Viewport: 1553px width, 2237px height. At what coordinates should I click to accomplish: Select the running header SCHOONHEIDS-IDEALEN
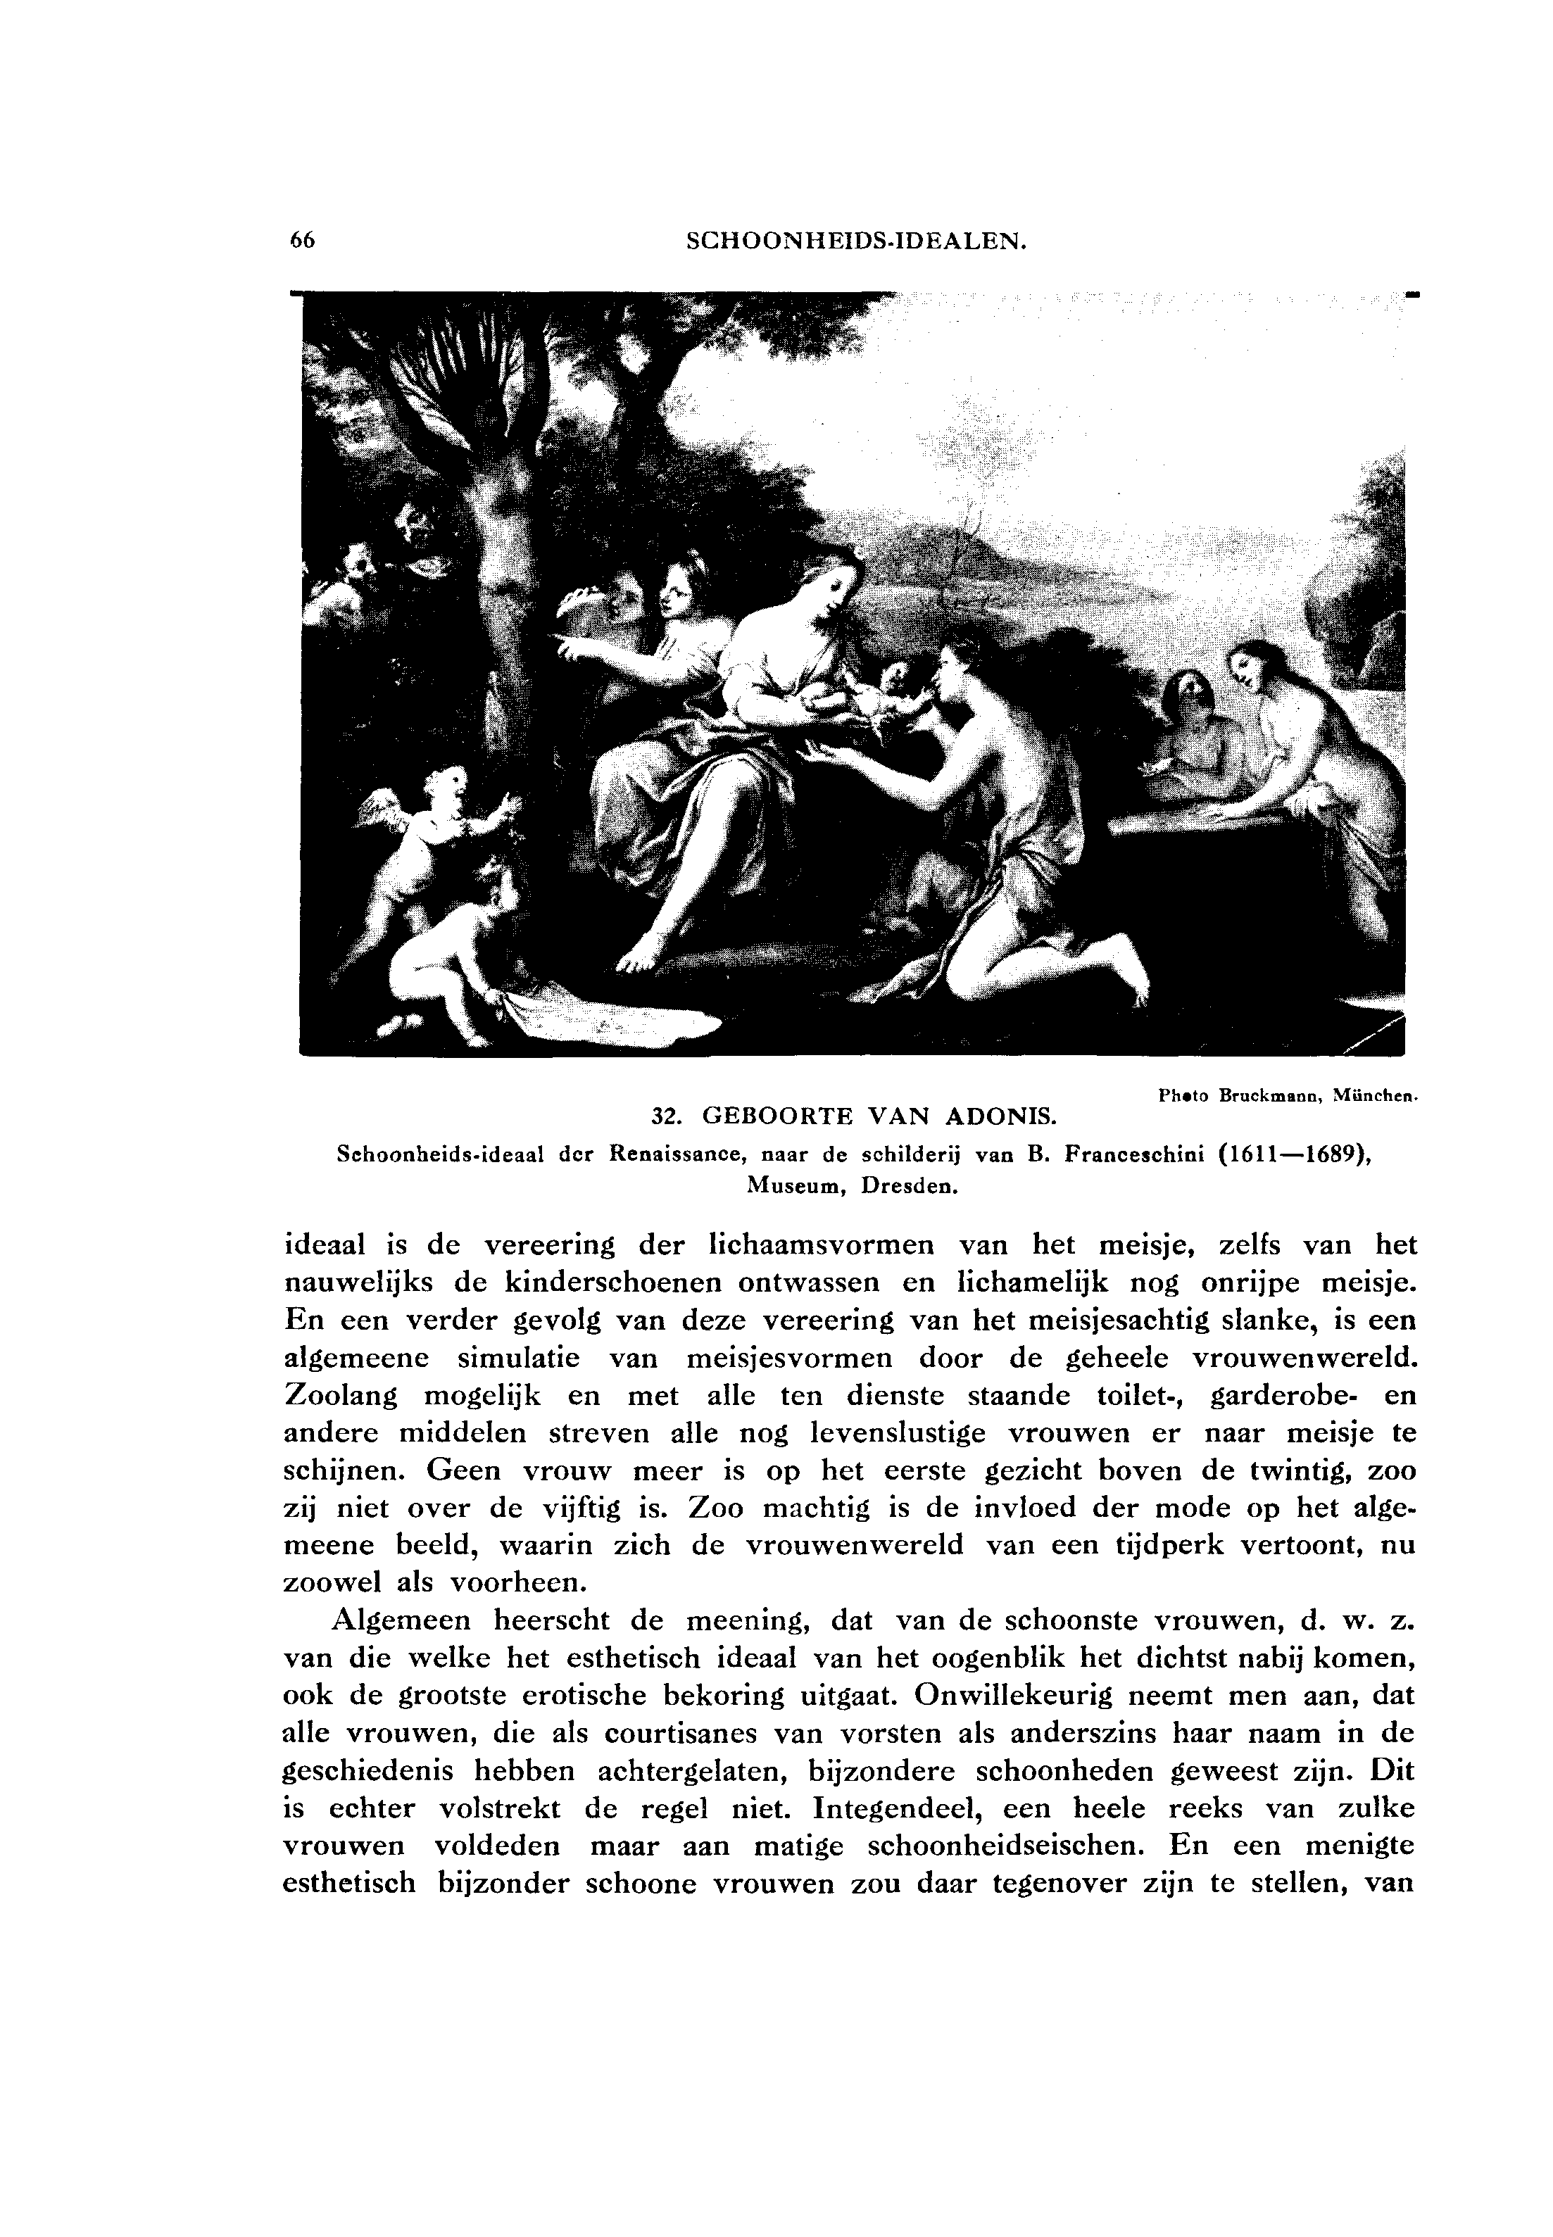[856, 241]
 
